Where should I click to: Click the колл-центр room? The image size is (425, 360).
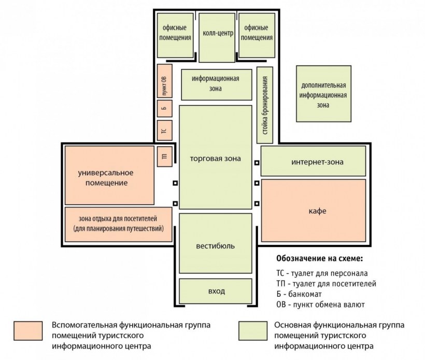click(217, 38)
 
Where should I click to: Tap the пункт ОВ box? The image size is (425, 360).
click(164, 81)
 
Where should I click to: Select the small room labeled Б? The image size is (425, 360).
click(164, 108)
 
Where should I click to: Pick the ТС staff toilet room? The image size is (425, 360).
click(164, 131)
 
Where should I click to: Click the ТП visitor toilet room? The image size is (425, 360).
click(164, 157)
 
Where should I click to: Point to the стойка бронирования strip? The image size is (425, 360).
click(265, 105)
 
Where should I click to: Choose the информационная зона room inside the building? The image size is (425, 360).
click(217, 85)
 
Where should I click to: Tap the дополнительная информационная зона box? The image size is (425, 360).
click(323, 93)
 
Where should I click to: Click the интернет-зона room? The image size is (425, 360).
click(314, 161)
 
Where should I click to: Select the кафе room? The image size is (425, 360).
click(314, 211)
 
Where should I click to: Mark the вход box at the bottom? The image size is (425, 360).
click(216, 291)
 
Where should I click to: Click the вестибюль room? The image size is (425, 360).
click(216, 243)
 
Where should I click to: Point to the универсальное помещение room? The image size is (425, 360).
click(109, 175)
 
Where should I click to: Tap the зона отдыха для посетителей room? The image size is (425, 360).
click(119, 225)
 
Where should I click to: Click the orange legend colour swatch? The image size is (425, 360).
click(28, 331)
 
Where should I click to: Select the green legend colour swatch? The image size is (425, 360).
click(253, 331)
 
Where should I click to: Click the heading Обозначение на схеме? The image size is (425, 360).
click(320, 258)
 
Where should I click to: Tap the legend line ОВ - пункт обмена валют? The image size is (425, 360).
click(320, 304)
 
